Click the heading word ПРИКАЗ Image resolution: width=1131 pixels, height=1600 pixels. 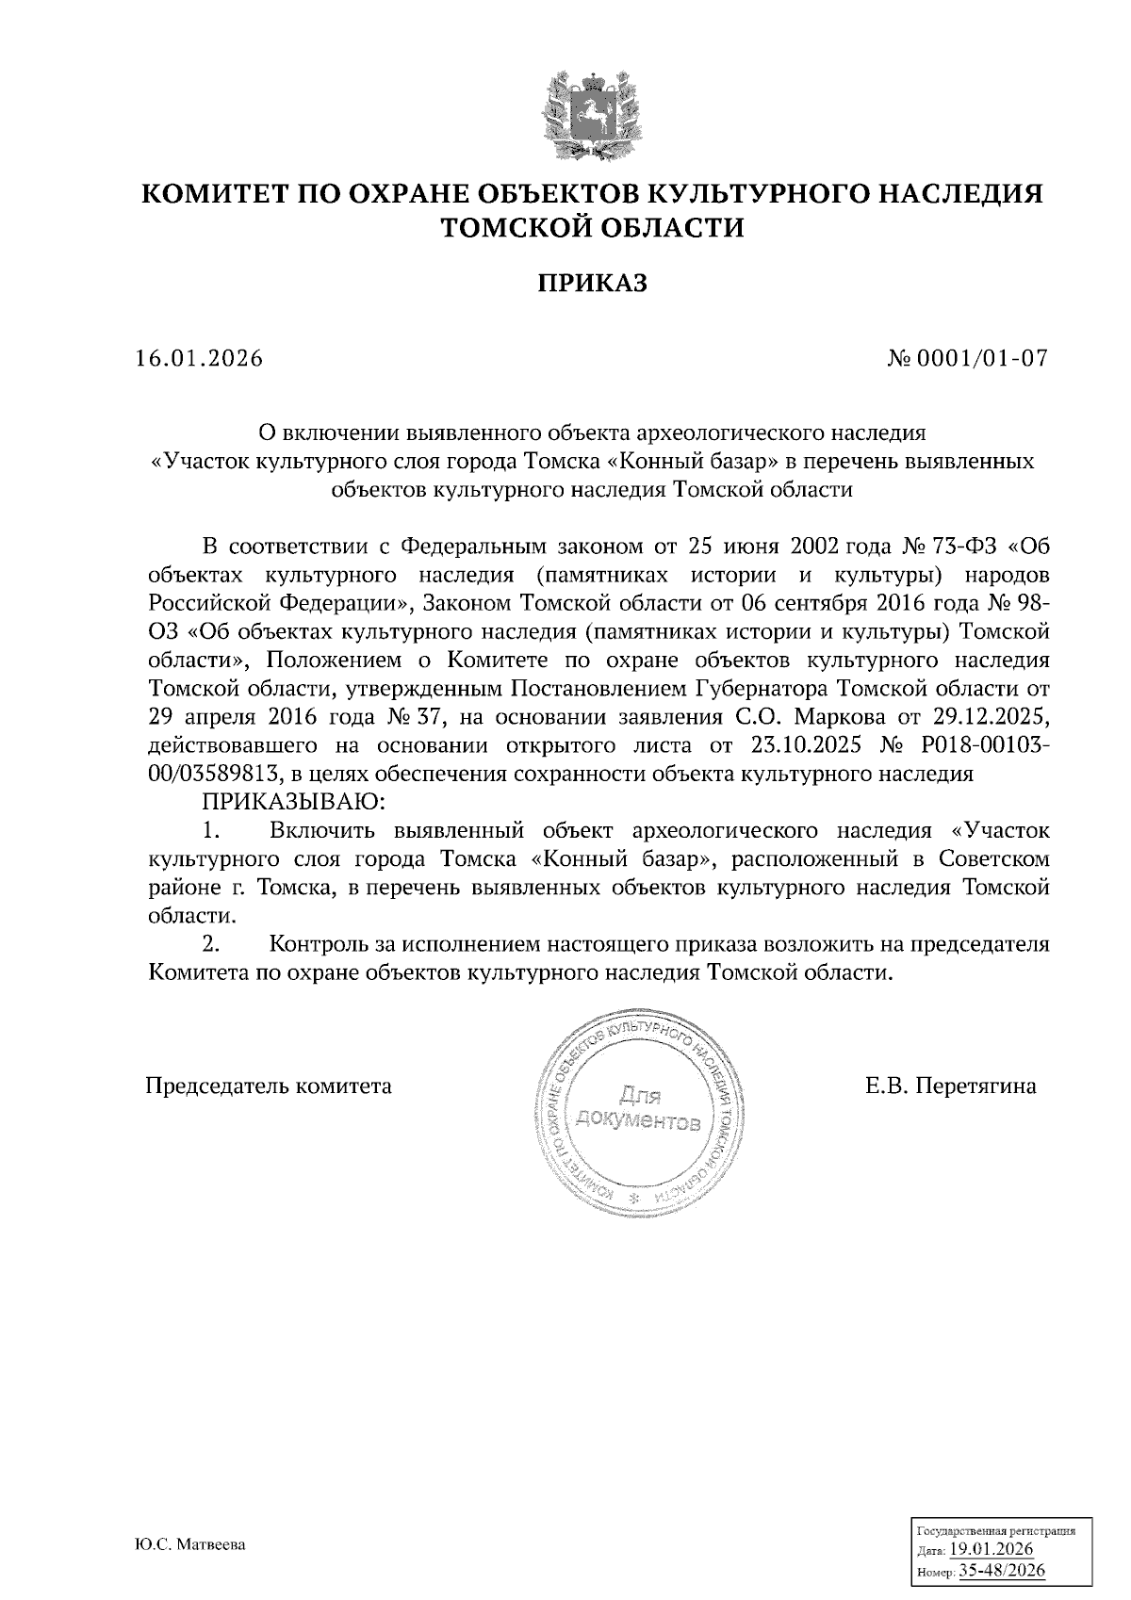point(593,284)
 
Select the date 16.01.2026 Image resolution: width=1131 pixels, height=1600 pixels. point(198,359)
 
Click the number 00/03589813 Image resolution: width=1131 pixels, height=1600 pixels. point(217,774)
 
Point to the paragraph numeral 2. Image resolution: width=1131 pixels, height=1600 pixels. point(211,943)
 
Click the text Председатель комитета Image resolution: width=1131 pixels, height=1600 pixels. point(269,1086)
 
